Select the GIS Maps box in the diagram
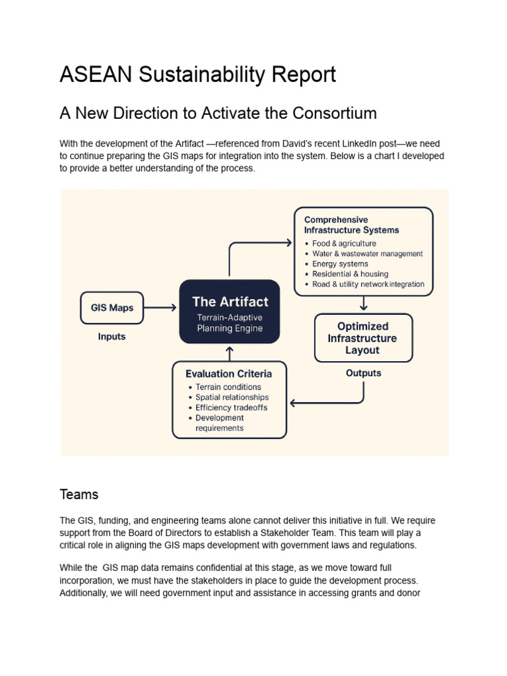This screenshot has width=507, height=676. [112, 308]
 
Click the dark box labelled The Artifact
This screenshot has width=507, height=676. [230, 311]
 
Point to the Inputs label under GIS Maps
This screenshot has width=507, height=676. [112, 336]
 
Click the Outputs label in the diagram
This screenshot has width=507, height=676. [363, 373]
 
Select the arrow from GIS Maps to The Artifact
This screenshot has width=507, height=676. [160, 308]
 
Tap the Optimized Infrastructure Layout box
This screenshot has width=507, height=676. [363, 337]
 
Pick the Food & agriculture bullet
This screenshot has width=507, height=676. [343, 244]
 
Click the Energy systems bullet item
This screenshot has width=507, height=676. [340, 264]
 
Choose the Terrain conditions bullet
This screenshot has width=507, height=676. [228, 387]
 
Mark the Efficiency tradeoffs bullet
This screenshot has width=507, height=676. [231, 407]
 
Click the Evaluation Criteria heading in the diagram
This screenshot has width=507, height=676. [228, 373]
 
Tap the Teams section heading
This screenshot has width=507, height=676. [79, 494]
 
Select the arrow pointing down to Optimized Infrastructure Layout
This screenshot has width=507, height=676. [363, 304]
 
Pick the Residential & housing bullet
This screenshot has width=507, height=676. [350, 274]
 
